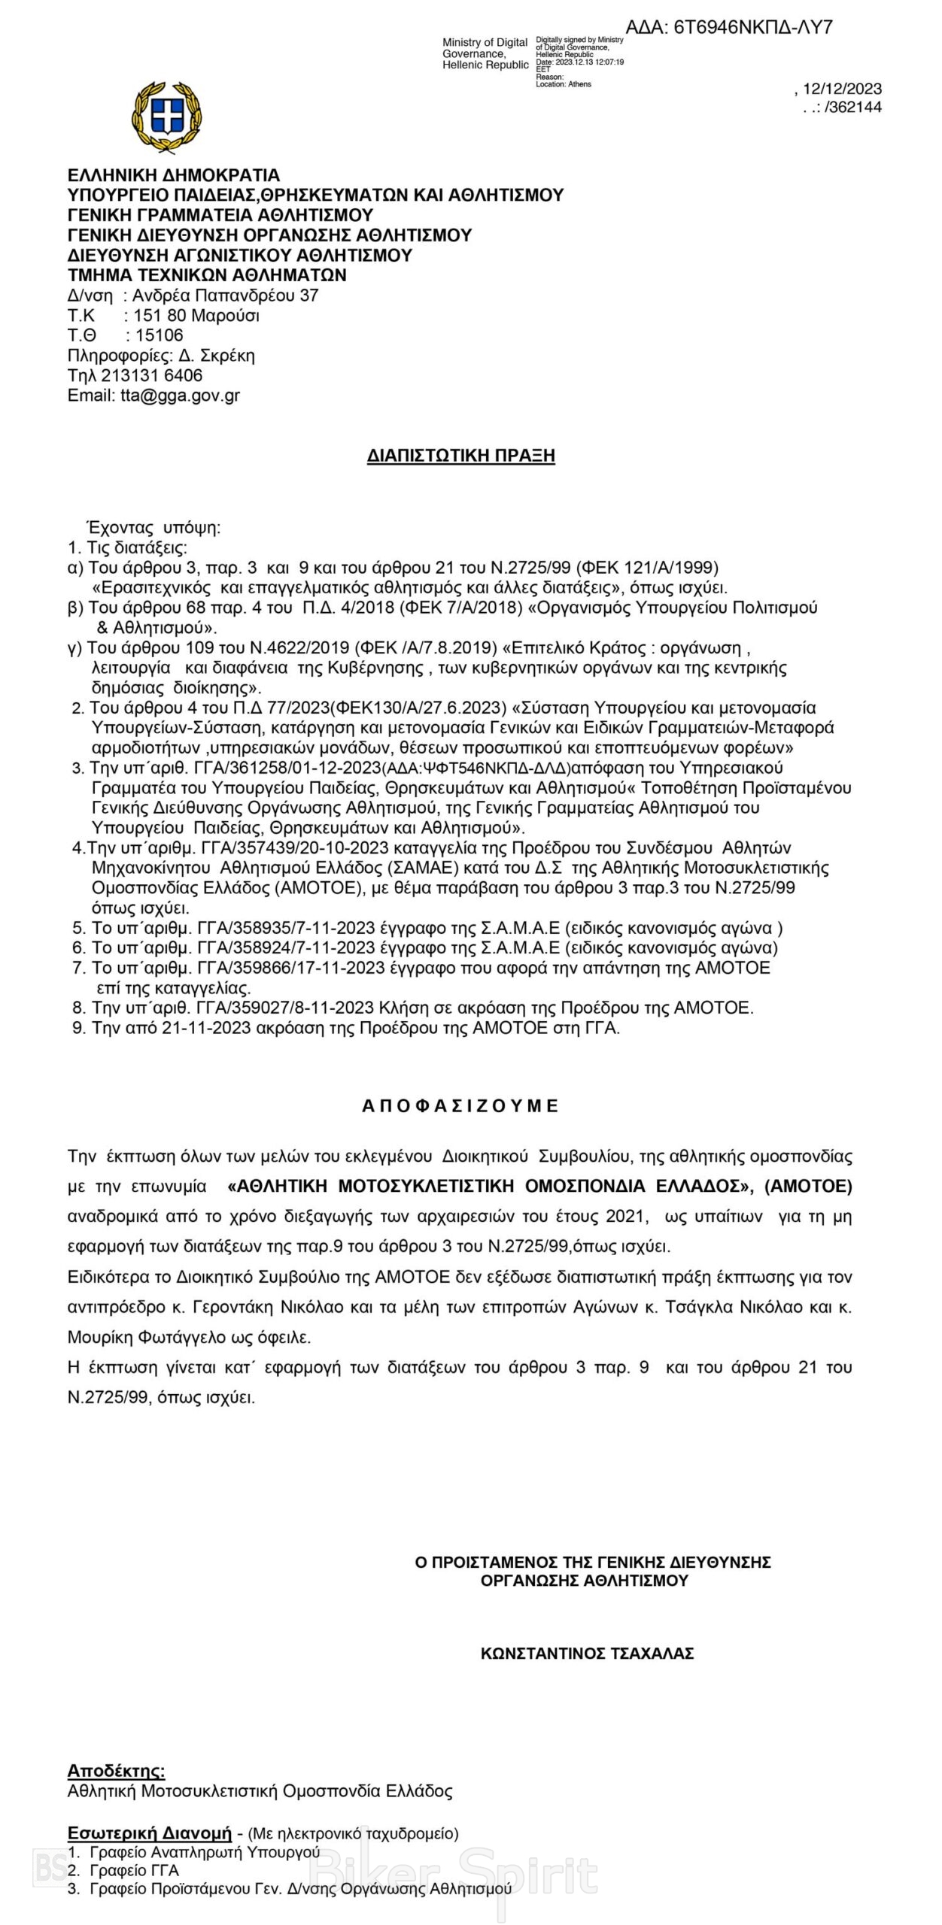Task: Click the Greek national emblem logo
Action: [x=166, y=117]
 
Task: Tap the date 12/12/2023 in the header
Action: [x=843, y=89]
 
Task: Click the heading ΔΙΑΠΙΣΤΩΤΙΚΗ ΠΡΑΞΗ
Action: [x=460, y=456]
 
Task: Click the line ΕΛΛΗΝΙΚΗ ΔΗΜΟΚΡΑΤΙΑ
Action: [x=173, y=175]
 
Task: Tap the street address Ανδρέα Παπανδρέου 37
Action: [x=225, y=296]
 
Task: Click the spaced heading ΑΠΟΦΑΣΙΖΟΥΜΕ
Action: [x=460, y=1106]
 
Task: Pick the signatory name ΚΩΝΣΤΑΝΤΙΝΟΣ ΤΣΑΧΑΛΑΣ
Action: [x=587, y=1654]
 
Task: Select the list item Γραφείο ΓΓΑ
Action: [x=134, y=1870]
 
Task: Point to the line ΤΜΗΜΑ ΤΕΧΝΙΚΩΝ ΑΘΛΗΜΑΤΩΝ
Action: [x=207, y=275]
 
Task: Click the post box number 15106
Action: [x=159, y=335]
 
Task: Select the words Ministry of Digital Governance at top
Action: [x=485, y=48]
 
